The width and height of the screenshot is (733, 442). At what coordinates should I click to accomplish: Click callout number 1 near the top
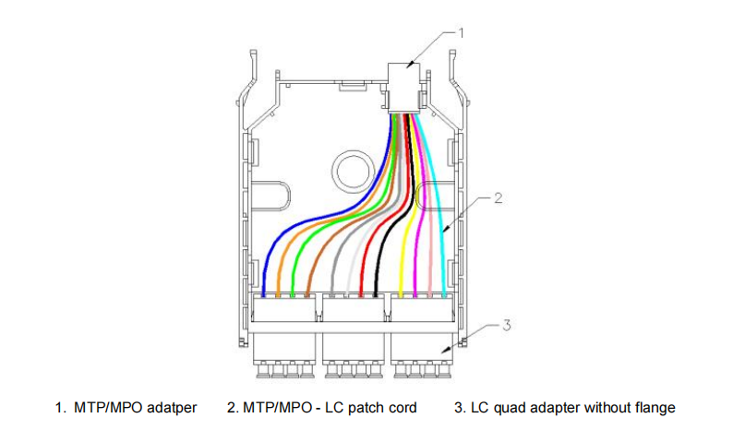pos(461,30)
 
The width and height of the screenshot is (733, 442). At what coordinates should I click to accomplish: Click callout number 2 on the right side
pos(498,198)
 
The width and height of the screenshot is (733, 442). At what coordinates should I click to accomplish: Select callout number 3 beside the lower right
pos(505,325)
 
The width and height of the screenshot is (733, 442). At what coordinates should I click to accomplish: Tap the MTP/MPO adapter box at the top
pos(404,87)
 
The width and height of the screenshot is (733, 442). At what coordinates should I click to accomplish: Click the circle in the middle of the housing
pos(352,171)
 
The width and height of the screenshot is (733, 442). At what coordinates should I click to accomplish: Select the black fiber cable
pos(391,231)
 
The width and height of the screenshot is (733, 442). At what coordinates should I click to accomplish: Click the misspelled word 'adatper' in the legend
pos(171,407)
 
